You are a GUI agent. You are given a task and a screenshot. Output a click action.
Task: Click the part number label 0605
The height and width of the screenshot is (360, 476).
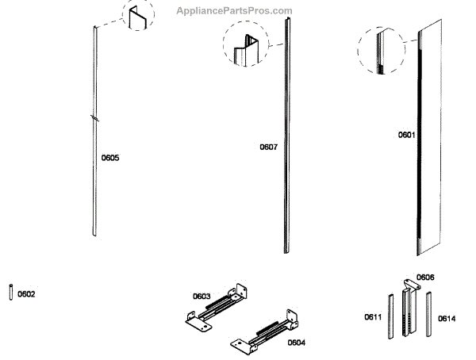pyautogui.click(x=110, y=158)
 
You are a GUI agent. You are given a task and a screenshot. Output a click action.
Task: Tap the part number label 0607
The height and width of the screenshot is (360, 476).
pyautogui.click(x=269, y=147)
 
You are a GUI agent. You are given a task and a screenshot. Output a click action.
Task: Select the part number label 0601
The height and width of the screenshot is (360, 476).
pyautogui.click(x=406, y=135)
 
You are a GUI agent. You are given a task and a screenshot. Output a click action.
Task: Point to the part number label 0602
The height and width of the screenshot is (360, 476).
pyautogui.click(x=26, y=294)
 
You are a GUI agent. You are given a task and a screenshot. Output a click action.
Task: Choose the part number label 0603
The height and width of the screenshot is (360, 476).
pyautogui.click(x=202, y=297)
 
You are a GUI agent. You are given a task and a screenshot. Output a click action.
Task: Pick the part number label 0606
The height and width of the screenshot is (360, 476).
pyautogui.click(x=425, y=278)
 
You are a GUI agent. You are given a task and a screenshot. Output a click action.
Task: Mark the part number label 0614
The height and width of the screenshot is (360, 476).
pyautogui.click(x=447, y=319)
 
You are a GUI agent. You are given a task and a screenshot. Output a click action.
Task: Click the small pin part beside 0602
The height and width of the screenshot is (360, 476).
pyautogui.click(x=11, y=292)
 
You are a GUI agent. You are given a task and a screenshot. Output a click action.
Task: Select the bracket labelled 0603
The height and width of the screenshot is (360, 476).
pyautogui.click(x=218, y=305)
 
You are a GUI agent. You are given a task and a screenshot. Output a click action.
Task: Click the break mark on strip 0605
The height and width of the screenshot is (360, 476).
pyautogui.click(x=95, y=118)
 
